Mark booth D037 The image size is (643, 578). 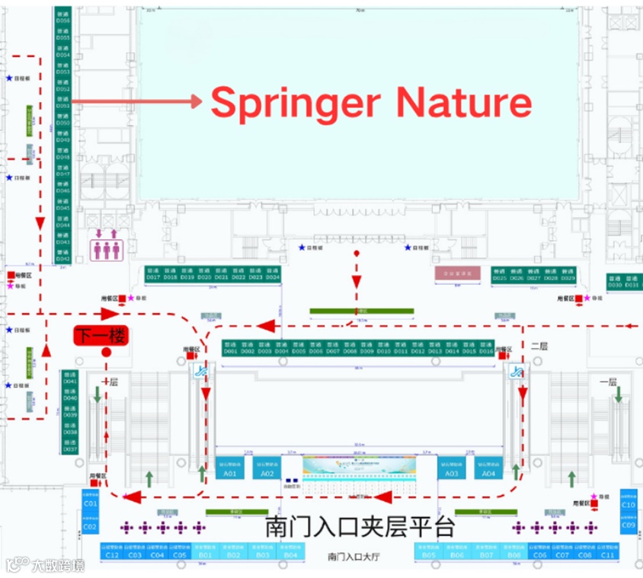click(71, 447)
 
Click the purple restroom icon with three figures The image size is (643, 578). click(106, 248)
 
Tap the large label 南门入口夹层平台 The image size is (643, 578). click(360, 526)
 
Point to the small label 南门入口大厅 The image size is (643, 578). click(353, 557)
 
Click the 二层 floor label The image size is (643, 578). click(539, 345)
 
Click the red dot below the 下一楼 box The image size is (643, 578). click(106, 353)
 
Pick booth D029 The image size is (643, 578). click(568, 274)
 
